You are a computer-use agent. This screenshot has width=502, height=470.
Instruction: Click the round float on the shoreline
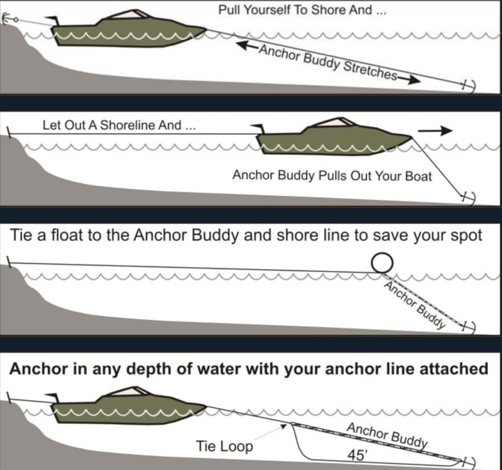(x=381, y=263)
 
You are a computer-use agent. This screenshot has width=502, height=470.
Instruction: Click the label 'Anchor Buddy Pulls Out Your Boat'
(x=332, y=176)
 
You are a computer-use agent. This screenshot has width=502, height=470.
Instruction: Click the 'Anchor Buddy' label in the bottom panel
(x=386, y=435)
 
